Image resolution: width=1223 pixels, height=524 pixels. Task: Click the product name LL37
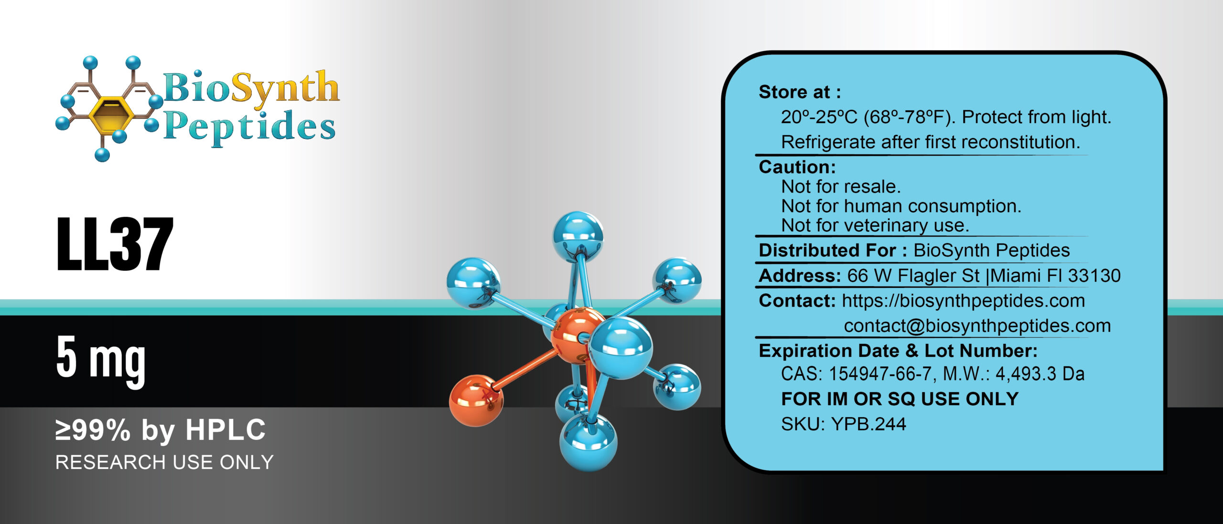(115, 244)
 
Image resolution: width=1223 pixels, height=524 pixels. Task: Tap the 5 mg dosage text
(101, 358)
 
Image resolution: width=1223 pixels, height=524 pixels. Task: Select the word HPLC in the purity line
(225, 430)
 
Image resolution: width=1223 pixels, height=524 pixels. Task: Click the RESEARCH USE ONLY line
(164, 462)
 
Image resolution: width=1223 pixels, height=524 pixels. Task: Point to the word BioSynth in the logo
(251, 88)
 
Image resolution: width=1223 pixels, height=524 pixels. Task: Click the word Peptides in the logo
(249, 127)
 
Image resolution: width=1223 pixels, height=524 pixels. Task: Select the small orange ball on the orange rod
(476, 400)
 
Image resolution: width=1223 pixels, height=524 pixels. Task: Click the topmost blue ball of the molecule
(578, 236)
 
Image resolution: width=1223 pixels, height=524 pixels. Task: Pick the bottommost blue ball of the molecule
(588, 442)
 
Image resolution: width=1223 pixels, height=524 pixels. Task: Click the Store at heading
(800, 92)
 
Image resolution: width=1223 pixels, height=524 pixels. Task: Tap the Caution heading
(797, 167)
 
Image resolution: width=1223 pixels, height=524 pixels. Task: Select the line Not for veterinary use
(875, 225)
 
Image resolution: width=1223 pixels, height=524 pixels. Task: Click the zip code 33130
(1094, 276)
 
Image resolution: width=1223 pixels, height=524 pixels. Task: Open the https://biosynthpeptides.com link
(963, 301)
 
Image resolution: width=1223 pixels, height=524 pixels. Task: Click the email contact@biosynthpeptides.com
(977, 326)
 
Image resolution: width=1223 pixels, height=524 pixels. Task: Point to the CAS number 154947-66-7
(880, 374)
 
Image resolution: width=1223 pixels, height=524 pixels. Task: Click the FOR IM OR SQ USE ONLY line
(900, 399)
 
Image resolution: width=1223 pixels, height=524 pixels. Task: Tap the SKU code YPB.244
(869, 424)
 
